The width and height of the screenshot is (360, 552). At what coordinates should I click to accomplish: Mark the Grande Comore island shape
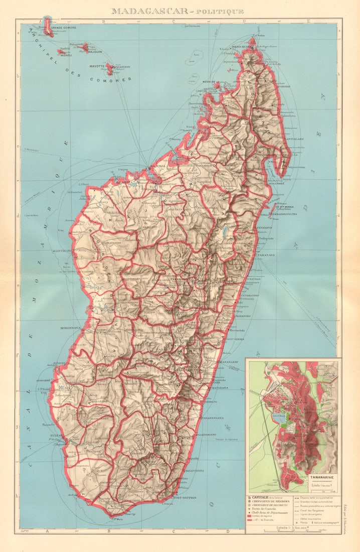tap(48, 27)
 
